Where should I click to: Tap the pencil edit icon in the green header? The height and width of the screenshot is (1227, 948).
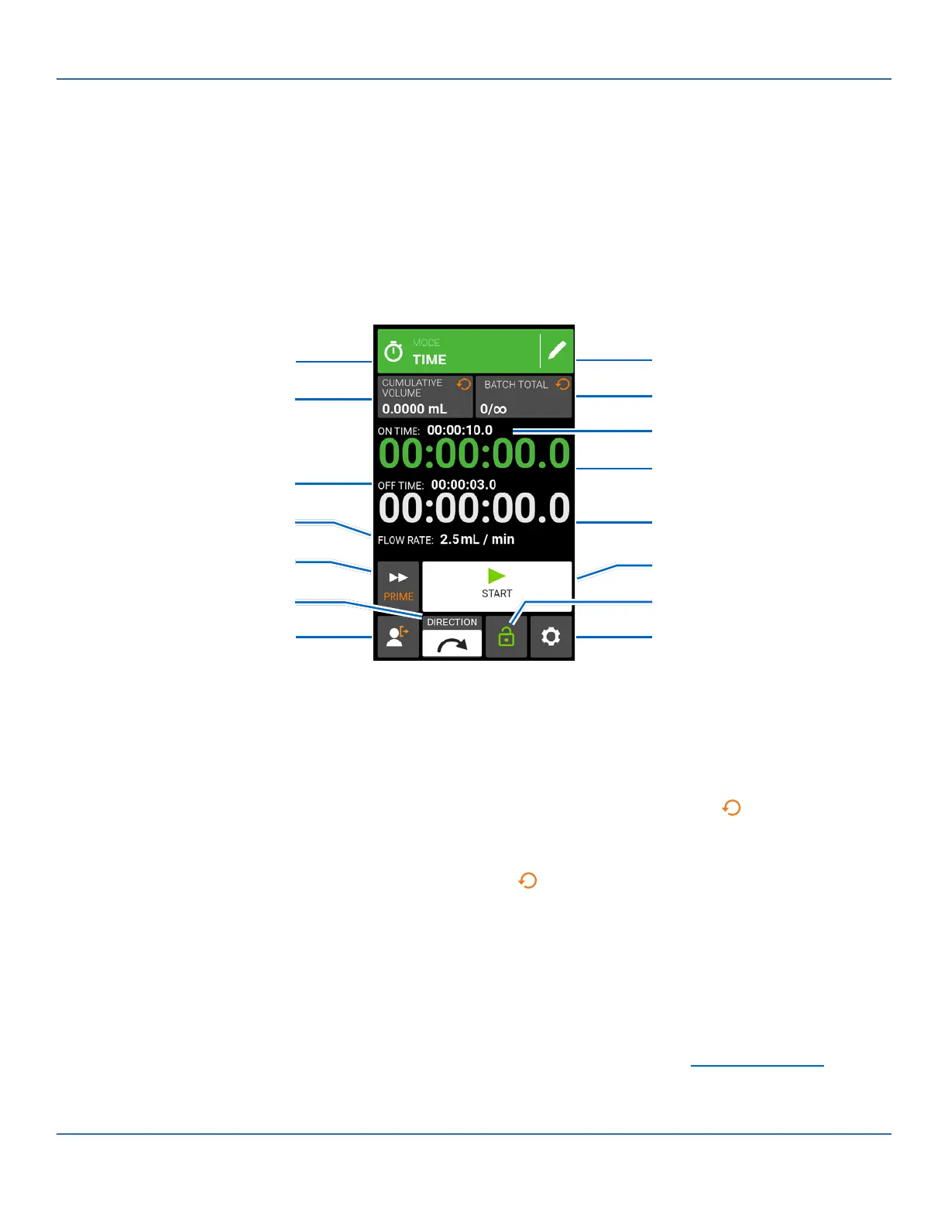coord(557,351)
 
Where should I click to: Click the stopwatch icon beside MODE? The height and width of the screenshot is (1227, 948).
coord(393,352)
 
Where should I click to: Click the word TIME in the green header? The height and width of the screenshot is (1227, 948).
coord(429,359)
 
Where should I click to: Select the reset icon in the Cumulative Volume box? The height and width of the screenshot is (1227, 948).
coord(464,384)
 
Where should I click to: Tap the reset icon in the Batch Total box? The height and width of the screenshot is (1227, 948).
coord(563,384)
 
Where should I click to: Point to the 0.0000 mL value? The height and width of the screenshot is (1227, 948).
coord(414,409)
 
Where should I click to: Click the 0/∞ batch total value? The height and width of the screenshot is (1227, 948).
coord(493,409)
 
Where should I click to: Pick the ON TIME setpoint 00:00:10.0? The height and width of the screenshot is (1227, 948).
coord(459,430)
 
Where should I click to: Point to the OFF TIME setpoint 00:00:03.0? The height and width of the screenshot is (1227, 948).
coord(463,485)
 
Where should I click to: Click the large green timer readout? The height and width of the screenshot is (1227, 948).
coord(474,454)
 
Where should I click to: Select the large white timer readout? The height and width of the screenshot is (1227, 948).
coord(474,509)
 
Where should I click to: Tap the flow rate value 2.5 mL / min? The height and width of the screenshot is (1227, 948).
coord(477,539)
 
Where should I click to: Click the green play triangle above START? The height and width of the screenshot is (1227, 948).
coord(496,576)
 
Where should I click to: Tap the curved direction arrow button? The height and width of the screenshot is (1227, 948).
coord(452,644)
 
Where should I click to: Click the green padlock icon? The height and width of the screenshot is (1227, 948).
coord(507,637)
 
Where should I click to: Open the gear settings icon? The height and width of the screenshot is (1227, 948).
coord(551,637)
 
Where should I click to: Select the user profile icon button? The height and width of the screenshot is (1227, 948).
coord(397,637)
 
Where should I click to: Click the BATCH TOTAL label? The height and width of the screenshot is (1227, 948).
coord(516,385)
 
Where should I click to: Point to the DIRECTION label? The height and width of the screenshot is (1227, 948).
coord(452,622)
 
